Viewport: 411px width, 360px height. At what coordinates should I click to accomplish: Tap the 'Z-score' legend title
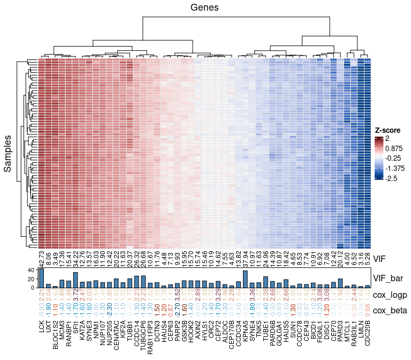click(x=387, y=130)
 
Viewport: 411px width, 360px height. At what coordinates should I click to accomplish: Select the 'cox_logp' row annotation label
click(x=391, y=295)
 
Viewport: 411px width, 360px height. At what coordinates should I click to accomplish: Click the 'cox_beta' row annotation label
click(x=391, y=311)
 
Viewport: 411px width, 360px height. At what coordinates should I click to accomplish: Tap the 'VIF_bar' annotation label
click(x=388, y=278)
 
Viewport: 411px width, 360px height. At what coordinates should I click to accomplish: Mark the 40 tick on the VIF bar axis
click(x=29, y=271)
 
